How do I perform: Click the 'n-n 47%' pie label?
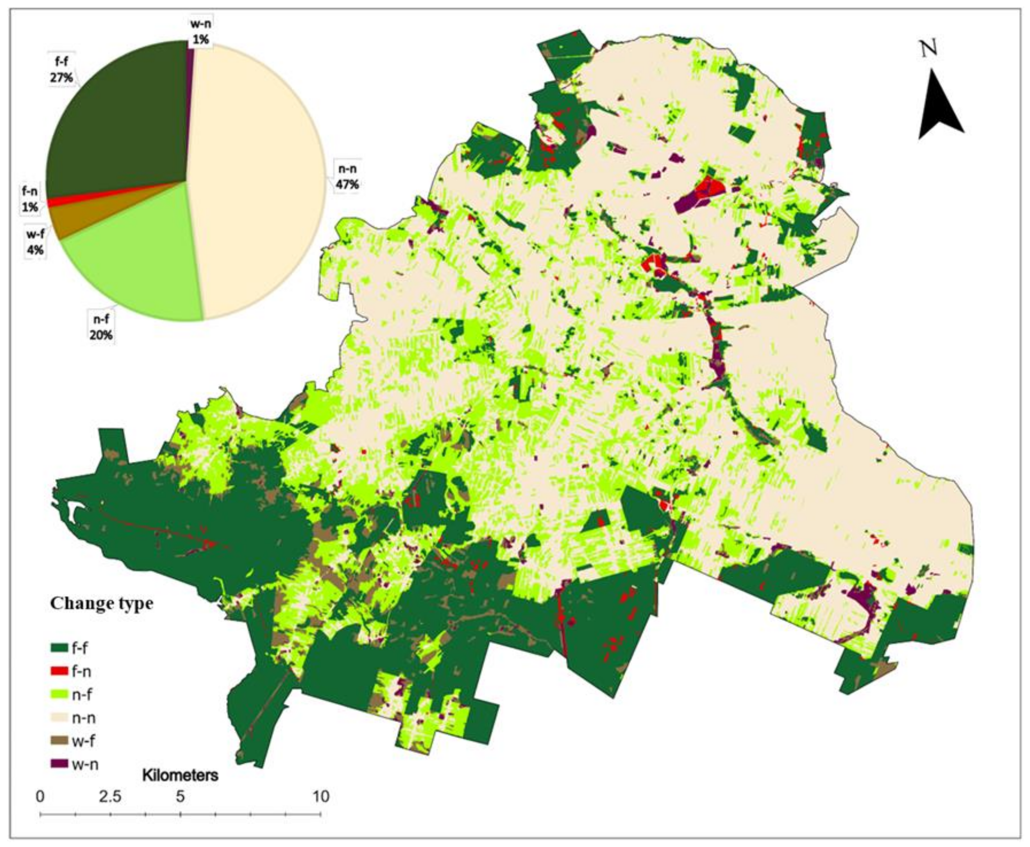point(347,176)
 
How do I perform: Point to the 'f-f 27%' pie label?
point(61,70)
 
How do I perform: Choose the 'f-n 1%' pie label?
point(29,199)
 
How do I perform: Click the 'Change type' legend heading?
point(102,604)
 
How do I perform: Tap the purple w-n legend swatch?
point(59,763)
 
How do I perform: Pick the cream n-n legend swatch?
point(59,718)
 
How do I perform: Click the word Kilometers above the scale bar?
point(180,775)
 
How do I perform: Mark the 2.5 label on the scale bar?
point(110,797)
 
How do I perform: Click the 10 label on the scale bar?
point(320,797)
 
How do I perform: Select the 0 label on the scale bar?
point(40,797)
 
